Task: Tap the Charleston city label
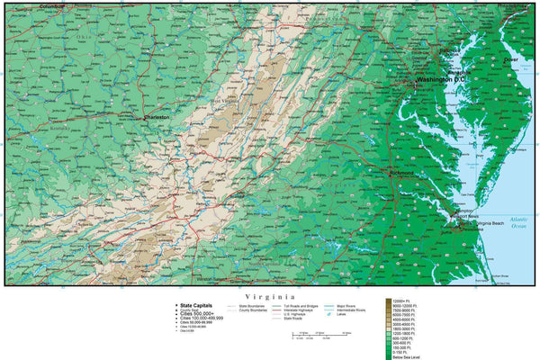pyautogui.click(x=158, y=117)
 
